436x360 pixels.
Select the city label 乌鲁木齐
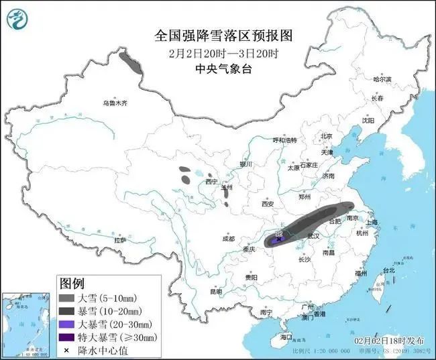[115, 103]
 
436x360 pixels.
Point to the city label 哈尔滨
[381, 79]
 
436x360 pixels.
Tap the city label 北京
[327, 136]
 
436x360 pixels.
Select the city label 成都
[227, 239]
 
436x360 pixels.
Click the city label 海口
[286, 337]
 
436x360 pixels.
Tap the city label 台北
[388, 270]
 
